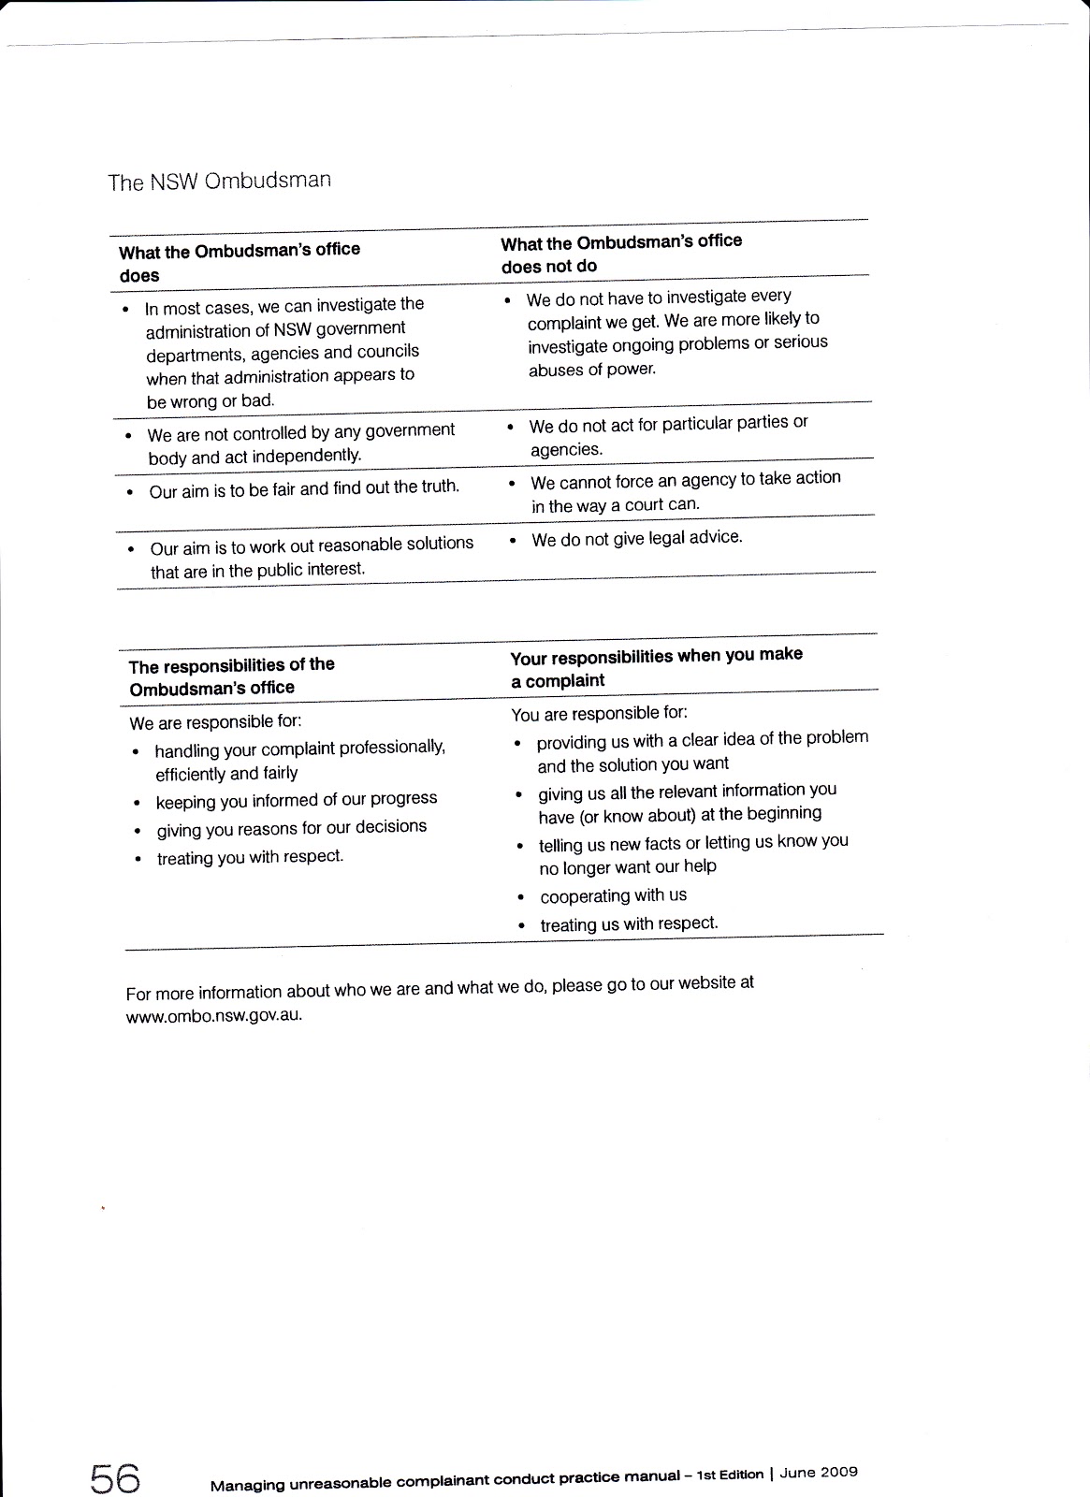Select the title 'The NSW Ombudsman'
coord(219,181)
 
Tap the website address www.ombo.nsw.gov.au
coord(214,1015)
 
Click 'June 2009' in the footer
coord(819,1472)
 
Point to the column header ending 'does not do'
coord(621,254)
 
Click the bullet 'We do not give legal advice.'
coord(636,538)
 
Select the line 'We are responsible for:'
coord(215,722)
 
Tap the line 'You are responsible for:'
coord(599,714)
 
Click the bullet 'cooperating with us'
coord(613,895)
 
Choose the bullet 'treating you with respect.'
coord(250,857)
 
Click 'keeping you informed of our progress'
coord(297,800)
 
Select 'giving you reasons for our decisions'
coord(291,828)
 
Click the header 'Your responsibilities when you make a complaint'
coord(656,667)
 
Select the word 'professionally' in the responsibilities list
coord(391,747)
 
